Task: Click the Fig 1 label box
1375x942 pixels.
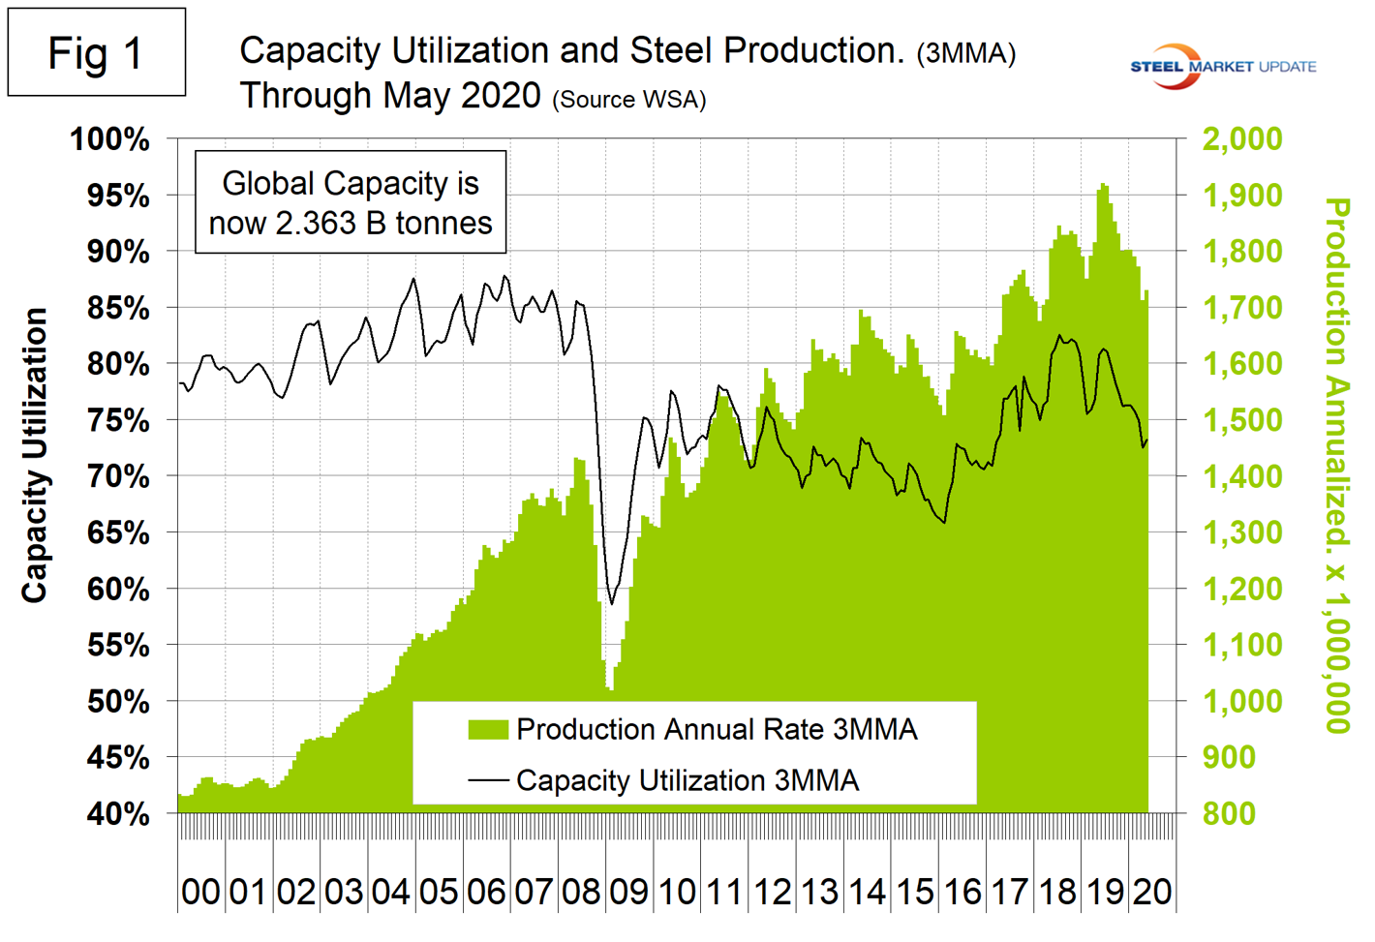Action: pos(96,52)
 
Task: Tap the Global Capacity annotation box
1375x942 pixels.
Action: pos(351,202)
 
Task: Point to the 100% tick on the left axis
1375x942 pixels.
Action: pos(109,139)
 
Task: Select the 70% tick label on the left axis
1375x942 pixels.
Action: pos(118,476)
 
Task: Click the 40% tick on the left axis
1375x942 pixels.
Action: pos(118,814)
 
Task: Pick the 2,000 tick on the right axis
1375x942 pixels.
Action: pos(1241,139)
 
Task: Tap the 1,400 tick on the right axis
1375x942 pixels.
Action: pos(1241,476)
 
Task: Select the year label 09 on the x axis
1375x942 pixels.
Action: pos(628,892)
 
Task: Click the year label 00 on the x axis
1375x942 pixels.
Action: pos(200,892)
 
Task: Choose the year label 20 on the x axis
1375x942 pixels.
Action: pos(1152,892)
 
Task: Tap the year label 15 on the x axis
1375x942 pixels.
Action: pos(914,892)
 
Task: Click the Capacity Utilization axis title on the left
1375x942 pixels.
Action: pos(35,455)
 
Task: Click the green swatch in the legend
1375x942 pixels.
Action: pos(488,730)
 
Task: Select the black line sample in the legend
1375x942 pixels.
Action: pos(488,779)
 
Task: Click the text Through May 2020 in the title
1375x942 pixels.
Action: pos(389,96)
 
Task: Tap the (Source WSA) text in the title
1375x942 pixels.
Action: pos(628,100)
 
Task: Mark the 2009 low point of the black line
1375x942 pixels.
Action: pos(611,604)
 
